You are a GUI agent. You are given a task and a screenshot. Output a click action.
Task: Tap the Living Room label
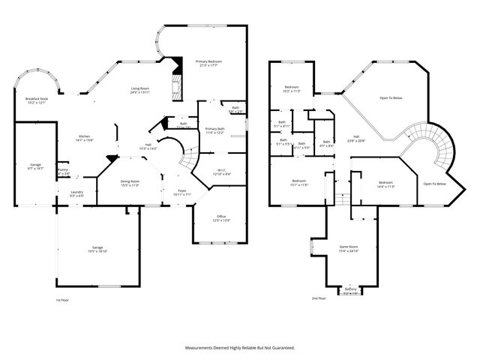pyautogui.click(x=140, y=90)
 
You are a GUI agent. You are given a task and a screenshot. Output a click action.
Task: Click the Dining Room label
pyautogui.click(x=130, y=182)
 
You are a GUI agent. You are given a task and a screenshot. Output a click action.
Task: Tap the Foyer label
pyautogui.click(x=182, y=193)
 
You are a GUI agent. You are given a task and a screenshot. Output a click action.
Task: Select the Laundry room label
pyautogui.click(x=76, y=193)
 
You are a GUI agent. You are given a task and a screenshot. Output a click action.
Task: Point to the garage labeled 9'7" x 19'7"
pyautogui.click(x=35, y=166)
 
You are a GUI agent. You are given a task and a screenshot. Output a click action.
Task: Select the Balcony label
pyautogui.click(x=351, y=290)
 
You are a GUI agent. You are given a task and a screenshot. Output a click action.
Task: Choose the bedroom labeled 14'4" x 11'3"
pyautogui.click(x=386, y=184)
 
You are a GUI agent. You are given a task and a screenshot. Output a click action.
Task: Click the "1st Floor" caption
pyautogui.click(x=64, y=299)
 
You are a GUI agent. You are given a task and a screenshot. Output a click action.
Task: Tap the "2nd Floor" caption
pyautogui.click(x=319, y=298)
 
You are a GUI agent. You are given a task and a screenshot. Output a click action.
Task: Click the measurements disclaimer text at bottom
pyautogui.click(x=240, y=347)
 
